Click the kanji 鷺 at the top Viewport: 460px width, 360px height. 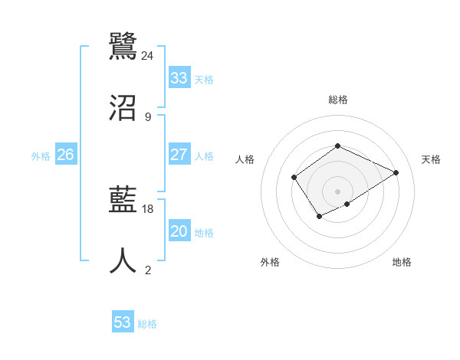[123, 45]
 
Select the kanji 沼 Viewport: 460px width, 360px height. [123, 107]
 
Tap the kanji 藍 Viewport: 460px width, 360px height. [123, 201]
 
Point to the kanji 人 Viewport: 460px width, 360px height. [123, 260]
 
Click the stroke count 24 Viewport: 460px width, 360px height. [148, 55]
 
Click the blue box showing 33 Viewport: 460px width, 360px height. [179, 78]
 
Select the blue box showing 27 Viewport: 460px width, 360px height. [179, 155]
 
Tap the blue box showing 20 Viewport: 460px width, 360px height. [179, 231]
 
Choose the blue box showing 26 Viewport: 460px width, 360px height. [65, 155]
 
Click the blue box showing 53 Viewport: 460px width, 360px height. [123, 322]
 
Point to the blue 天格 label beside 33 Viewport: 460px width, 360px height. [204, 80]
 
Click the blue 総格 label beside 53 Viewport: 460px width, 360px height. [147, 324]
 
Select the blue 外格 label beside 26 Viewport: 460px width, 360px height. [41, 156]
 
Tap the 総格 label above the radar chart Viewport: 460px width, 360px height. [337, 100]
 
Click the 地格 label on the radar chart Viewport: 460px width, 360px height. [402, 262]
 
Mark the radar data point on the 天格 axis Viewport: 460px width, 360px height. [396, 172]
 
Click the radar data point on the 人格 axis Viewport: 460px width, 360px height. [294, 178]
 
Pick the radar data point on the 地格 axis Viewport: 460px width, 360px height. [347, 204]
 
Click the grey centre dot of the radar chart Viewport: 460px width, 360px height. [337, 191]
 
